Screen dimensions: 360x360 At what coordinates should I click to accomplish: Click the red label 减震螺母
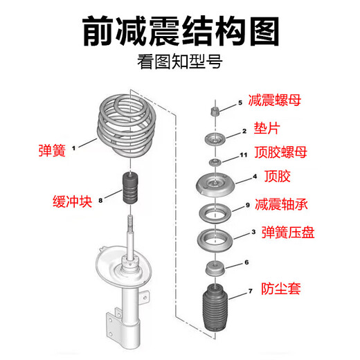[x=275, y=100]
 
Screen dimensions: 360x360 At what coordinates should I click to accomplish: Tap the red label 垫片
[x=267, y=128]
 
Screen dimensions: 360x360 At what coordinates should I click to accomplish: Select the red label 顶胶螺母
[x=281, y=152]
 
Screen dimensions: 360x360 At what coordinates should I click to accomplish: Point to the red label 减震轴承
[x=281, y=204]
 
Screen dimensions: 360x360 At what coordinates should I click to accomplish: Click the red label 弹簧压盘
[x=288, y=232]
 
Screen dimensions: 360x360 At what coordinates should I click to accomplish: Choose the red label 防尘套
[x=281, y=289]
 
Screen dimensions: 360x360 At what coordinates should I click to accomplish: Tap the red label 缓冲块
[x=73, y=201]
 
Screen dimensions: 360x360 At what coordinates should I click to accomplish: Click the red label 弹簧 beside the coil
[x=52, y=150]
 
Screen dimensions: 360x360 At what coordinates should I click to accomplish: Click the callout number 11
[x=244, y=155]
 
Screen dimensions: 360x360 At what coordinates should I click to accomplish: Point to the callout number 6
[x=246, y=262]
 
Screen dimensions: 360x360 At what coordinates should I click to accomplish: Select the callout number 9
[x=248, y=205]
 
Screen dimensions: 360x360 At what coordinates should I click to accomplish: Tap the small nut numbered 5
[x=215, y=111]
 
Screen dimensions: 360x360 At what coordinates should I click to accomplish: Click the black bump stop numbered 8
[x=130, y=188]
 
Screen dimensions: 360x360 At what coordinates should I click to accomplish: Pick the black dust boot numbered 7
[x=215, y=307]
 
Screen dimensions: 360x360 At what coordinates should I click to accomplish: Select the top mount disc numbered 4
[x=215, y=185]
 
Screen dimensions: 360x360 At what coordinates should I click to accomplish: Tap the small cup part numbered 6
[x=215, y=269]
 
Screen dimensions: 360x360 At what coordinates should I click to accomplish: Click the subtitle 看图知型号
[x=180, y=62]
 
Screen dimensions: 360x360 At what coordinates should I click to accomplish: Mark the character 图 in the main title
[x=264, y=31]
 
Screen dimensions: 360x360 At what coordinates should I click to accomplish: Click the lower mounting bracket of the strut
[x=114, y=323]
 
